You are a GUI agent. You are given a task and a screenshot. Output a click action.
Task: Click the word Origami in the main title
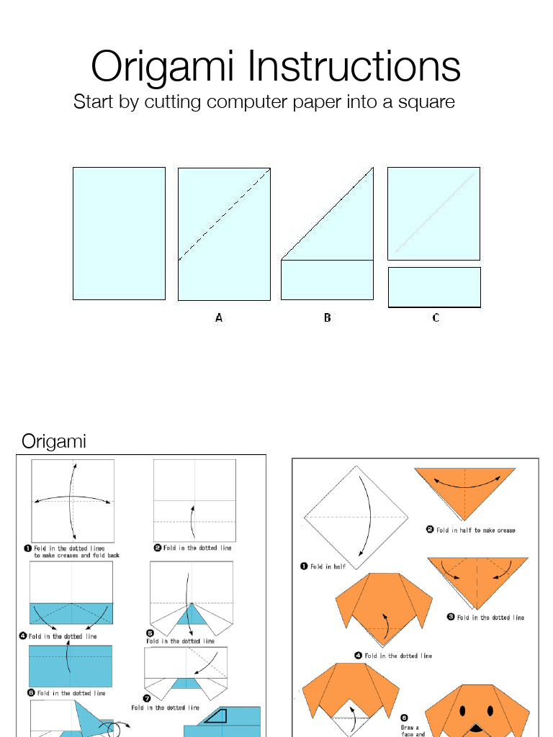[x=164, y=68]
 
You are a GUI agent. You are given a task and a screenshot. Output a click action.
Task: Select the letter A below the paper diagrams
[x=219, y=317]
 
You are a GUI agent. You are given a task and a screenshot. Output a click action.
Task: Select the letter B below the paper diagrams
[x=328, y=317]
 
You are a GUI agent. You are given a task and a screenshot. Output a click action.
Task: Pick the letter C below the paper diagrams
[x=436, y=317]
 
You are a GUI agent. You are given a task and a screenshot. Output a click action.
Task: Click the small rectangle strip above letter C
[x=434, y=287]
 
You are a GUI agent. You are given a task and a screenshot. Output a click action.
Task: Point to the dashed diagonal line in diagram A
[x=224, y=214]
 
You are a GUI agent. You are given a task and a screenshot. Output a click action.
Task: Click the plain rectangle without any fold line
[x=119, y=233]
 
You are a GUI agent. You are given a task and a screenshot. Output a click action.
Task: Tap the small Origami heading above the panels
[x=54, y=441]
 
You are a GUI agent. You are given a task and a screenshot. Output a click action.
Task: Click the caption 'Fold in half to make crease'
[x=475, y=530]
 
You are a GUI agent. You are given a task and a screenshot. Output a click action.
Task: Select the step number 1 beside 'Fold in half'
[x=304, y=566]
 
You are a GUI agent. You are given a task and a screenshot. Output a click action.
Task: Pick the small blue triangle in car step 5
[x=191, y=614]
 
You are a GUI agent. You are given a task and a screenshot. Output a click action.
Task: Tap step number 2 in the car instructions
[x=158, y=548]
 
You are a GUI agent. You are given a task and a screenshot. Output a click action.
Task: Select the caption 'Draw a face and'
[x=410, y=731]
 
